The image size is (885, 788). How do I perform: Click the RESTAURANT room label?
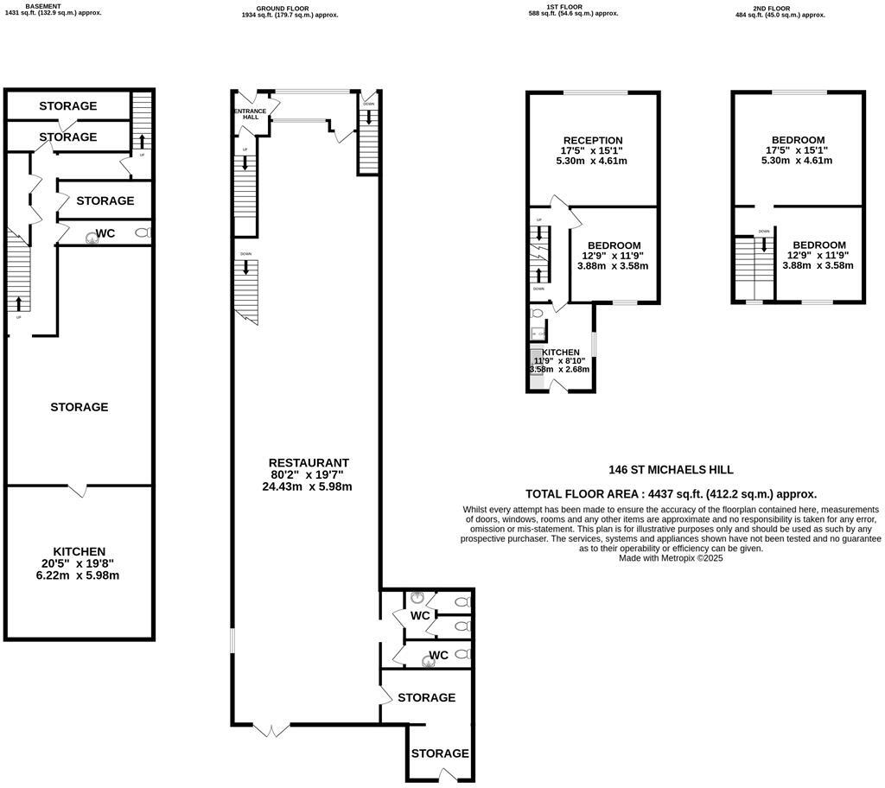point(308,463)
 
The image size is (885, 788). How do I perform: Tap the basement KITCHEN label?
point(79,551)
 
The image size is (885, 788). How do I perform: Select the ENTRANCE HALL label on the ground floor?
point(249,114)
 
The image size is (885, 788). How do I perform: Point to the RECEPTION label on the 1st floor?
point(592,140)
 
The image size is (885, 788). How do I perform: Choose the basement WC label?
point(105,233)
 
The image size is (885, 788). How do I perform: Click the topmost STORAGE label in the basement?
point(68,106)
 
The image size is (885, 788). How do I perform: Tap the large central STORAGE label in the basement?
point(79,407)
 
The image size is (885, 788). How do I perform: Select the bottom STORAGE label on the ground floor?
point(440,753)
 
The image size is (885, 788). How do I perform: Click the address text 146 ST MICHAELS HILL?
point(671,470)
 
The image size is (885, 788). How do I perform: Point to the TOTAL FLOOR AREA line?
point(671,494)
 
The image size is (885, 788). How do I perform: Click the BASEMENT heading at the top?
point(43,6)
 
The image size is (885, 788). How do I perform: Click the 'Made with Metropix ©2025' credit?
point(671,558)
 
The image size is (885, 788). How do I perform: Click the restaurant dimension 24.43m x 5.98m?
point(308,486)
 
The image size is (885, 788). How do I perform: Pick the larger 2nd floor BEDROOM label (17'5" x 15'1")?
point(798,140)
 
